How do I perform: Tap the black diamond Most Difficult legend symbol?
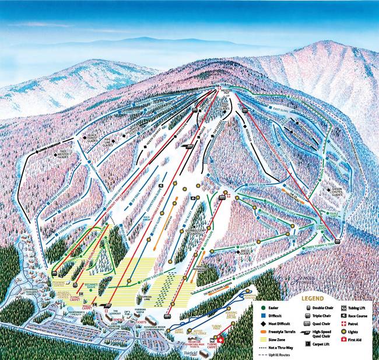click(257, 323)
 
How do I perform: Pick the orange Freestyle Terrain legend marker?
click(257, 331)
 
